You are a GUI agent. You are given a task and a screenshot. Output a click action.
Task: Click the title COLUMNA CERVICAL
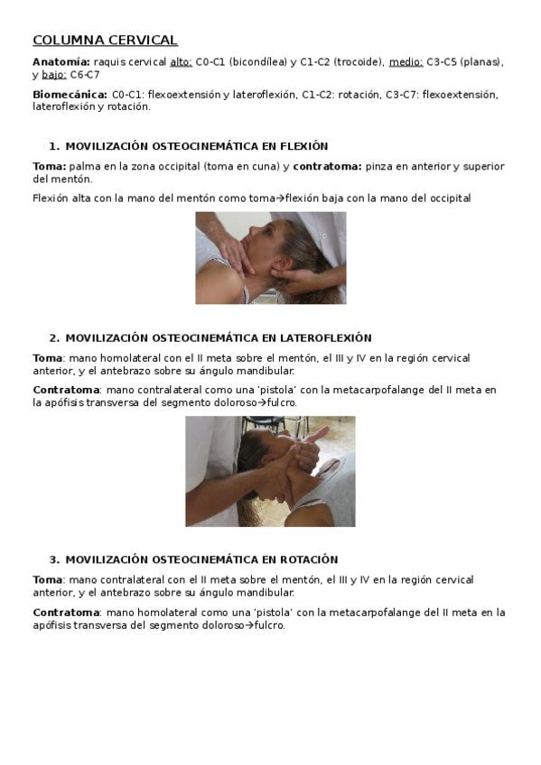105,40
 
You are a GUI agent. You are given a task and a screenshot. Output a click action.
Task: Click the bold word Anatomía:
61,62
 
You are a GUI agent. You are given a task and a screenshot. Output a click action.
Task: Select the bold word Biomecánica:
70,95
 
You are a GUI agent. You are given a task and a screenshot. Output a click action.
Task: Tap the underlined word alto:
182,62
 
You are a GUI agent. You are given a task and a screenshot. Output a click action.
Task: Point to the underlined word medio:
406,62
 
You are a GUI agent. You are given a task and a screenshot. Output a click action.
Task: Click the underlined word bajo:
53,75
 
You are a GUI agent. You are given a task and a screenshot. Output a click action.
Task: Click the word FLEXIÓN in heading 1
303,146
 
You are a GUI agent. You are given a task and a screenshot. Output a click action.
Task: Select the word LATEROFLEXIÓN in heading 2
326,338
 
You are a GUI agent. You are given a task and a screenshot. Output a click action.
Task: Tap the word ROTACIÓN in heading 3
309,559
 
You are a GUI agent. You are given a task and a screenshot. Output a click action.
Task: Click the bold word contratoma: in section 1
327,166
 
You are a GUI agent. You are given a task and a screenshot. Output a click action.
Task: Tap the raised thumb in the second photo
317,435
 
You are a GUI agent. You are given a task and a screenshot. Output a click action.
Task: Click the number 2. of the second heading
55,338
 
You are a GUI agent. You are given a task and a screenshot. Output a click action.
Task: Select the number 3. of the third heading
55,559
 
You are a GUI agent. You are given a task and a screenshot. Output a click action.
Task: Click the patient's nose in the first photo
244,239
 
